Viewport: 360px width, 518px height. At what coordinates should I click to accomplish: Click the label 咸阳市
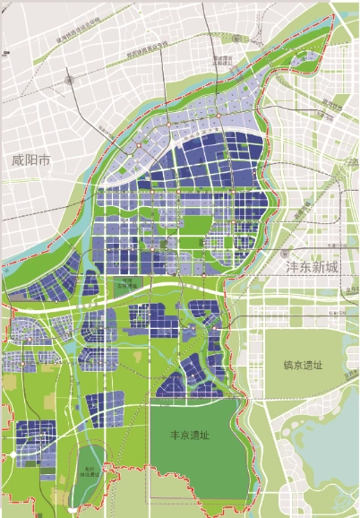(x=31, y=162)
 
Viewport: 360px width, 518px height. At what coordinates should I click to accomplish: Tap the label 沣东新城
(x=313, y=267)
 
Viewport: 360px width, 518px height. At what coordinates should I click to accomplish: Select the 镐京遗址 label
(x=293, y=366)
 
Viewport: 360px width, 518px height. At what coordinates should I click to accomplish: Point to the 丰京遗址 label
(x=190, y=435)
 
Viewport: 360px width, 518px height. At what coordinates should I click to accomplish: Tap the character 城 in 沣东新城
(x=334, y=267)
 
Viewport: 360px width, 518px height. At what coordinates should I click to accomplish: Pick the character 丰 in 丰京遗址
(x=176, y=435)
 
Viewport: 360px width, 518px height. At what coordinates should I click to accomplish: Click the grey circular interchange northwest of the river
(x=70, y=81)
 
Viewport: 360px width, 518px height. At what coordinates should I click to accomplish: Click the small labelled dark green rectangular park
(x=128, y=286)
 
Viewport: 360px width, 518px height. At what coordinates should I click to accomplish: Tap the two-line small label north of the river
(x=222, y=62)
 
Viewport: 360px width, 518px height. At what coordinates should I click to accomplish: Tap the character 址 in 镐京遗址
(x=312, y=366)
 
